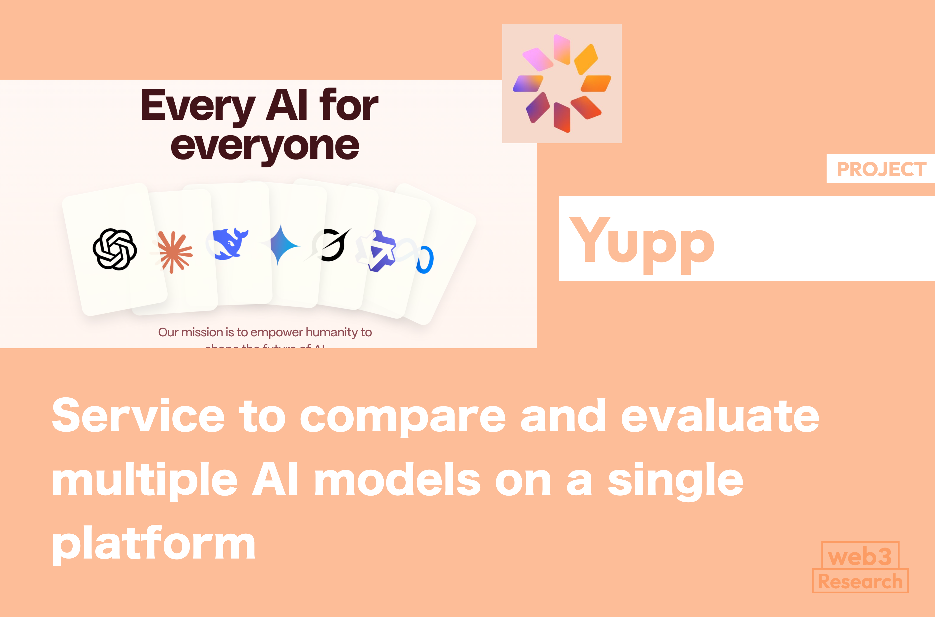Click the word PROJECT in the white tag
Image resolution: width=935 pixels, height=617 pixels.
(881, 169)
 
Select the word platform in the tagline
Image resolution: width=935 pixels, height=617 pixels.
(154, 545)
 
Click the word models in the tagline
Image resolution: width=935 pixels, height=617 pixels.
(397, 480)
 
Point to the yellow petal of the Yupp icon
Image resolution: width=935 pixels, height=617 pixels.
(586, 59)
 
